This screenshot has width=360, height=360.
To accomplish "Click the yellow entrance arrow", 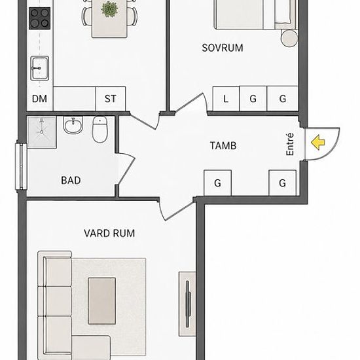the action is click(x=318, y=143).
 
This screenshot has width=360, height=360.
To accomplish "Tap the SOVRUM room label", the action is click(x=223, y=48).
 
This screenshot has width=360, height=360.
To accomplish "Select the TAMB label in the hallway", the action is click(x=223, y=146).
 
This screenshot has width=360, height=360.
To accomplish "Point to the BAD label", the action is click(x=71, y=181).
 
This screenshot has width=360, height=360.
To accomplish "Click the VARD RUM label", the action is click(x=109, y=234).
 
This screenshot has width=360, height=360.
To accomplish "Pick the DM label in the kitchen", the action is click(x=39, y=99).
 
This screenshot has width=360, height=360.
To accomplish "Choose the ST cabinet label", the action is click(x=111, y=99).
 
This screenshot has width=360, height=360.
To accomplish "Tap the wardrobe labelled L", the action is click(x=226, y=99).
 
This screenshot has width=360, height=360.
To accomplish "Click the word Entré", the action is click(x=290, y=144).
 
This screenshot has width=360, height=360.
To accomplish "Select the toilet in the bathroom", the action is click(x=99, y=129).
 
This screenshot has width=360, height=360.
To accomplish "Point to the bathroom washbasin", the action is click(x=73, y=125).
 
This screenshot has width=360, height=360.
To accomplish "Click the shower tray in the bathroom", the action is click(x=42, y=132).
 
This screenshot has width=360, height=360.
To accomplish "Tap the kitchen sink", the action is click(x=40, y=68).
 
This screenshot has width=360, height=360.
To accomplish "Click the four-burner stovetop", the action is click(x=39, y=18).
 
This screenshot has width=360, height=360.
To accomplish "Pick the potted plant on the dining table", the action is click(x=109, y=9).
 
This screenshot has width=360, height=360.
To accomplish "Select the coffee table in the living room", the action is click(x=102, y=301).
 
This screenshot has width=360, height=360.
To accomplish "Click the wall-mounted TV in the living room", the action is click(x=189, y=304).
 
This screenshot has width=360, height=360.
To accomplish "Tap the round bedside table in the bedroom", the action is click(x=289, y=38).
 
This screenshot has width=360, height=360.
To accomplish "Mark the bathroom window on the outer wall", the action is click(x=21, y=166).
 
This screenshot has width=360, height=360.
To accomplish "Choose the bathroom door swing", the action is click(x=126, y=169).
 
